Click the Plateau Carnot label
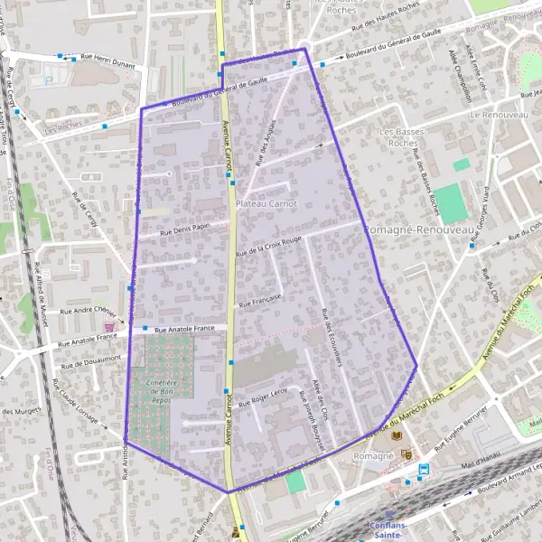pos(266,205)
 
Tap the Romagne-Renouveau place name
pos(420,231)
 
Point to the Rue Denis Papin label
pos(180,230)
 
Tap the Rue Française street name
pos(262,300)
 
